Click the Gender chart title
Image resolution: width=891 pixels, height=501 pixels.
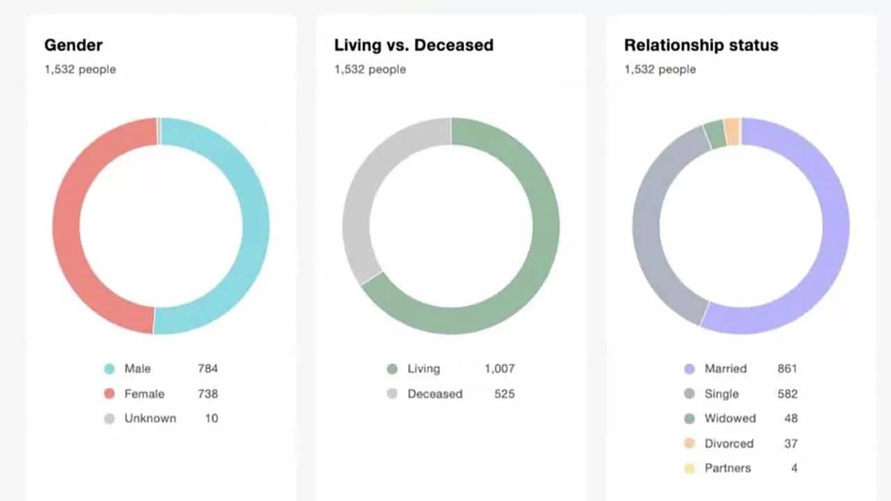(73, 45)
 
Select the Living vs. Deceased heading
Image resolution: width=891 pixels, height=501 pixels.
(413, 45)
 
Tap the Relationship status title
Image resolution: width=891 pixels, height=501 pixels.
(701, 45)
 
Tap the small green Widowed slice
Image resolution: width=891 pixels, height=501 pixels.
(715, 133)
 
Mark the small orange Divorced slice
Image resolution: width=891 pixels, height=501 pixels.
(732, 131)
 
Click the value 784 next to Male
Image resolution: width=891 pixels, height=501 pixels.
(207, 369)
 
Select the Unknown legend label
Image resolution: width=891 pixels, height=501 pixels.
(150, 418)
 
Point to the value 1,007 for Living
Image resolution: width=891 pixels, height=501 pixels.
(500, 369)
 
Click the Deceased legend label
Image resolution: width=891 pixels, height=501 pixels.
(434, 394)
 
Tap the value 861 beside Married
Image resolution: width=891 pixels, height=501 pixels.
(787, 369)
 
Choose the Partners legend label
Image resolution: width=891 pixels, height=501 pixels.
(727, 468)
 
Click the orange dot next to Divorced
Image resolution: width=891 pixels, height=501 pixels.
(689, 443)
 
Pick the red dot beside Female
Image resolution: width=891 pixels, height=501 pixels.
(109, 394)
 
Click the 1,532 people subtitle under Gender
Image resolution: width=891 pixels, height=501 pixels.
(80, 70)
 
